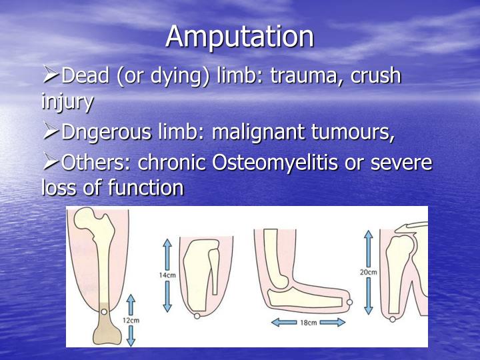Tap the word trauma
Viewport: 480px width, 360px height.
307,76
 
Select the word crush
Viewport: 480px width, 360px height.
375,76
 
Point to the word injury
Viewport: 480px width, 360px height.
67,103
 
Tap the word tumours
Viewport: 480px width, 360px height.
359,133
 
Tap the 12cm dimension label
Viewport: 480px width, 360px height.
131,320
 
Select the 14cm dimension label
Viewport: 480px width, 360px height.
167,274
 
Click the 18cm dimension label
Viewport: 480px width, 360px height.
308,322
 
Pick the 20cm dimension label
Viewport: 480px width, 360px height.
368,272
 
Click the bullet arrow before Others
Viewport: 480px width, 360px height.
50,162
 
